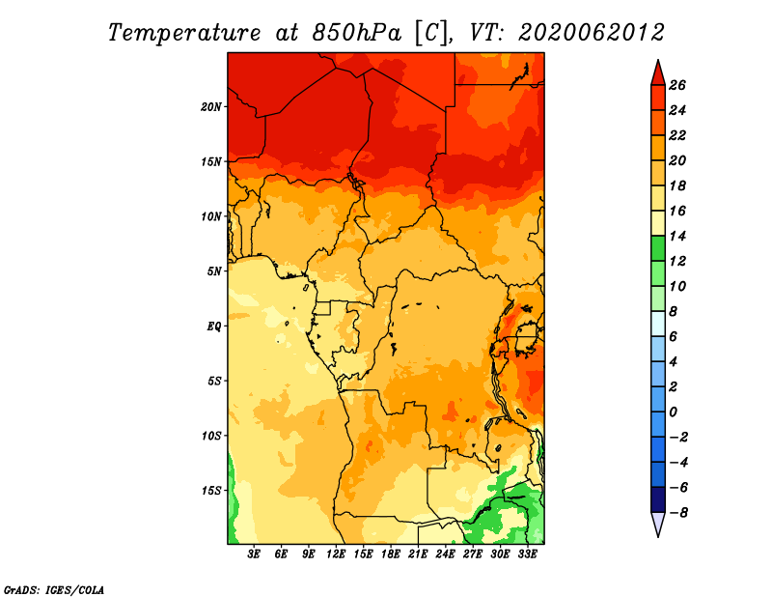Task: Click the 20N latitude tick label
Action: pos(210,107)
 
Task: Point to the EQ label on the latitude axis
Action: pos(213,327)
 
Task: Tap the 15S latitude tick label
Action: pos(210,491)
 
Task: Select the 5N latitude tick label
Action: pos(214,271)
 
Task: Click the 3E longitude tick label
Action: pos(254,554)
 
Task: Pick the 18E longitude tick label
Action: pos(391,554)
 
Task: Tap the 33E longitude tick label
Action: pos(527,554)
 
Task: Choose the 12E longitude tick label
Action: pos(335,554)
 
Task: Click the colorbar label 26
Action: pos(677,85)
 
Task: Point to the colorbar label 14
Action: pos(677,236)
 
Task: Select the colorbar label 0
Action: pos(673,412)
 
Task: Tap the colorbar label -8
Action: pos(678,513)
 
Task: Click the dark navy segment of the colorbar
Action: pos(658,499)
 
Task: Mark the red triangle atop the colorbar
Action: pos(658,74)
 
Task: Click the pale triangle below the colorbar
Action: pos(658,524)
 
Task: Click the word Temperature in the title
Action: pos(184,33)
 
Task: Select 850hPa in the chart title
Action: pos(356,33)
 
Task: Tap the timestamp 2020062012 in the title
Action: pos(592,33)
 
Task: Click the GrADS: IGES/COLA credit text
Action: pos(54,590)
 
